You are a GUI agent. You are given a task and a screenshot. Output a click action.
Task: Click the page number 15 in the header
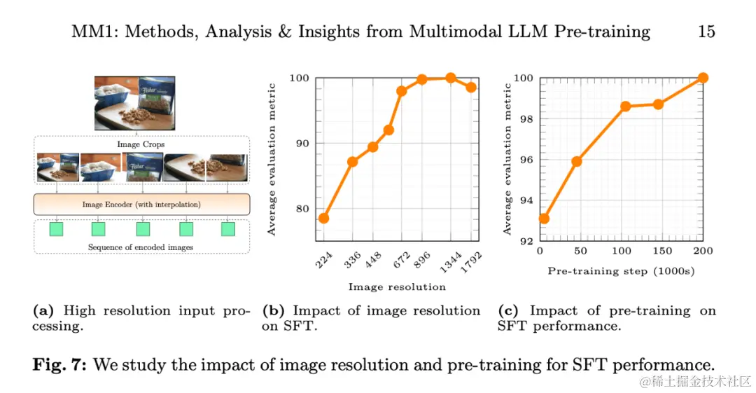706,32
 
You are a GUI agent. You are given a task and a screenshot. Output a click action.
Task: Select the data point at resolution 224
323,218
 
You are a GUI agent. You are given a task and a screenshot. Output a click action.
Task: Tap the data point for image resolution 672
402,90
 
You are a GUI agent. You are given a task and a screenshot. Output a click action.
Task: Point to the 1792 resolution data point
471,87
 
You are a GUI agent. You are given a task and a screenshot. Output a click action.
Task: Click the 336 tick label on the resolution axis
353,259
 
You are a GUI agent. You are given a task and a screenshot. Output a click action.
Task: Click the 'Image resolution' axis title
397,287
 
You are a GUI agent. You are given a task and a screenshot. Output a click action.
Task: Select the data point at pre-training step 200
703,78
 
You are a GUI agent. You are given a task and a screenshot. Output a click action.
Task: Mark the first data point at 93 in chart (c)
544,219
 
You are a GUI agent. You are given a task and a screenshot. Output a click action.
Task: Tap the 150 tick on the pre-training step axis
661,251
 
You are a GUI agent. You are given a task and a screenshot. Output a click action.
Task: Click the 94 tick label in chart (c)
526,200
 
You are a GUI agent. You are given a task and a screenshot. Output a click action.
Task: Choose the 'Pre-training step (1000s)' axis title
620,270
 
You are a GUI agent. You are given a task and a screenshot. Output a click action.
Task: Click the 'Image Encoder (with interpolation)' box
141,204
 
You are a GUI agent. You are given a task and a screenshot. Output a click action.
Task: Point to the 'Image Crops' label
141,145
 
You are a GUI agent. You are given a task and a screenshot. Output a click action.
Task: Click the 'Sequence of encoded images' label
141,247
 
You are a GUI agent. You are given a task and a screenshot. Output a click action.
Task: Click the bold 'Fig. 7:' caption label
61,364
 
